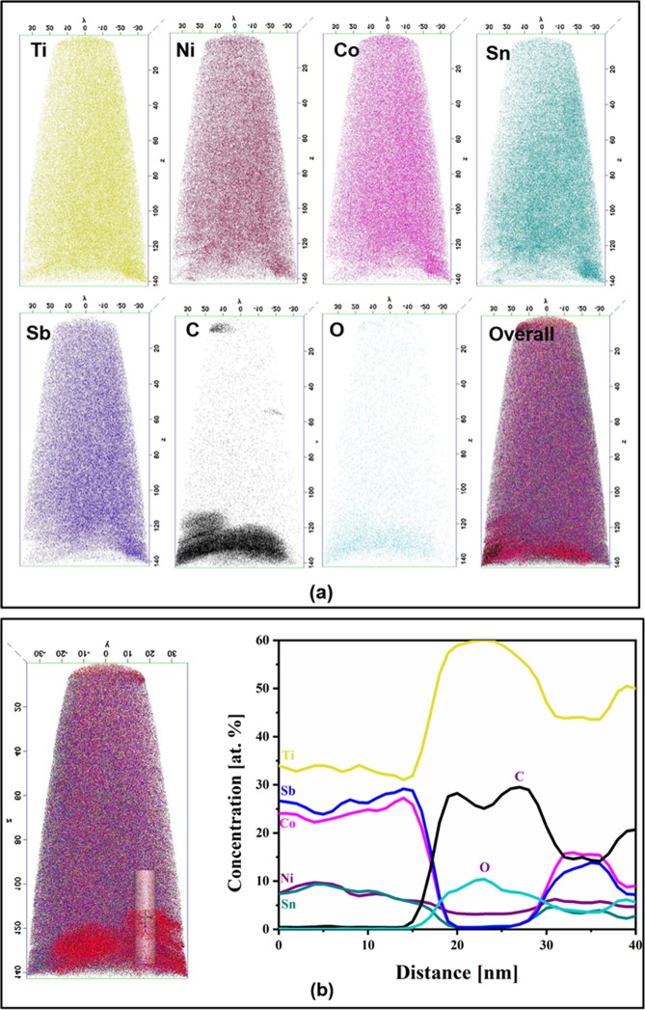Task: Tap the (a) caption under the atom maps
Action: tap(322, 596)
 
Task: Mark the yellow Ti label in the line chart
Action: tap(287, 755)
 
